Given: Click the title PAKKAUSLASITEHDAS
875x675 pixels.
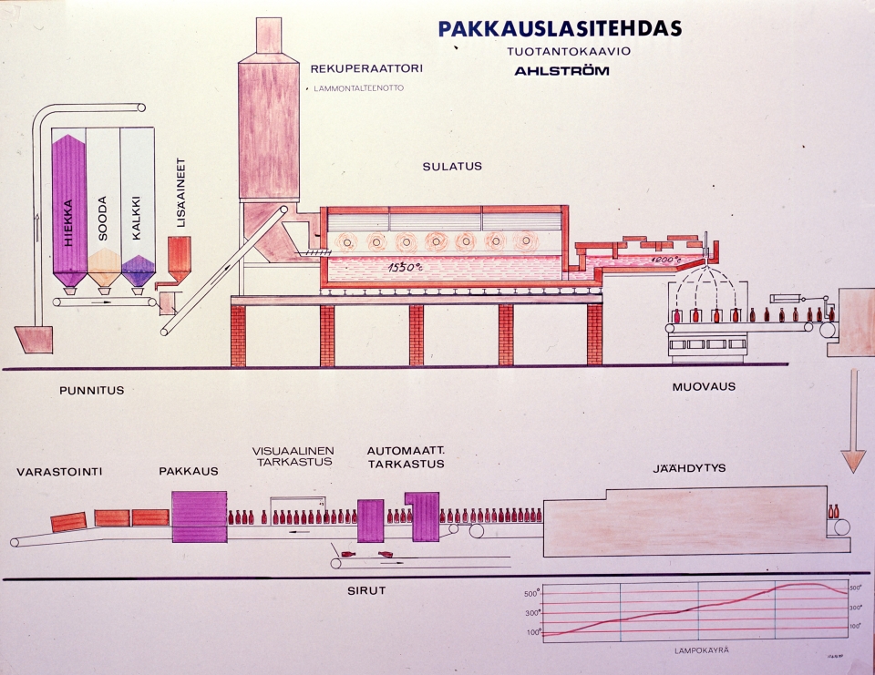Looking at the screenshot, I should click(x=560, y=28).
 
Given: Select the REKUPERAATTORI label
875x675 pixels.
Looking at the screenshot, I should click(x=366, y=68).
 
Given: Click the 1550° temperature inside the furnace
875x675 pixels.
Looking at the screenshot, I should click(x=403, y=267).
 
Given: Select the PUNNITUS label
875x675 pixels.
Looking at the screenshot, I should click(x=91, y=391).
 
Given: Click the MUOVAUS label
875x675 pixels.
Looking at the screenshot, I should click(x=704, y=386).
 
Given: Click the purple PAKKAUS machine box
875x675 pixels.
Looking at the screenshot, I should click(x=199, y=516).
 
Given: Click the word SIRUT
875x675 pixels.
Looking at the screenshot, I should click(x=368, y=590).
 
